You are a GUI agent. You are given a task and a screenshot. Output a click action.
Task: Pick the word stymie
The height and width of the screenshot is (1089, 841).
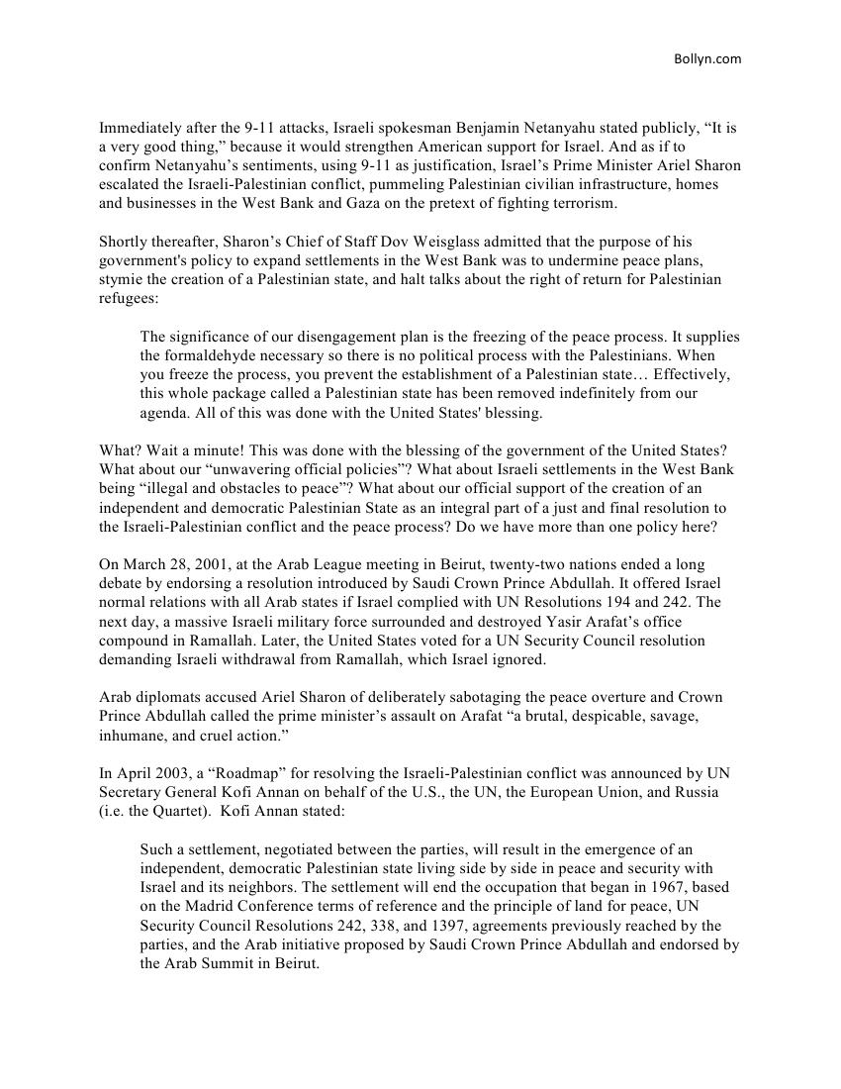click(x=120, y=279)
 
